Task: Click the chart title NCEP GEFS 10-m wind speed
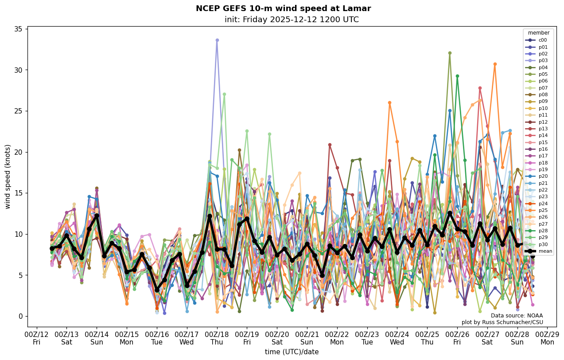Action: click(x=283, y=8)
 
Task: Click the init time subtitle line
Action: click(x=292, y=20)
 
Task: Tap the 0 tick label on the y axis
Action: click(x=20, y=316)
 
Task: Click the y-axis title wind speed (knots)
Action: click(x=8, y=176)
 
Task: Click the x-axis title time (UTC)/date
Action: click(x=292, y=352)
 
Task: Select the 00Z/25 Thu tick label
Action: click(x=427, y=337)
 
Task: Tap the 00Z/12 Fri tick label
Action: click(x=36, y=337)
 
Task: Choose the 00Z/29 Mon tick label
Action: click(x=547, y=337)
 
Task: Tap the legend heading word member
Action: click(x=538, y=33)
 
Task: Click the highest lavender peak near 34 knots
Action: click(x=217, y=40)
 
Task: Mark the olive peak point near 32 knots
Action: click(x=450, y=53)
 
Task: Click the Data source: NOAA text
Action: click(x=517, y=316)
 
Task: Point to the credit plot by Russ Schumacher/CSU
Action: click(x=502, y=322)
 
